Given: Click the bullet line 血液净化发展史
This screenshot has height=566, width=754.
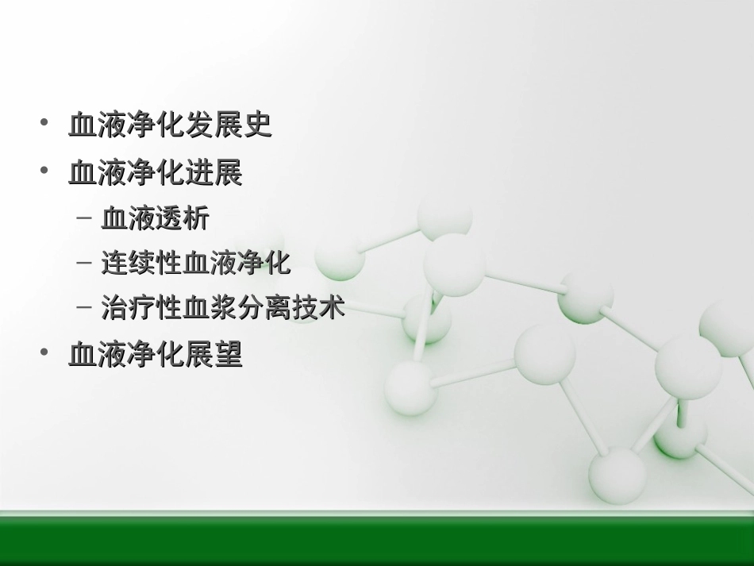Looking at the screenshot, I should (170, 125).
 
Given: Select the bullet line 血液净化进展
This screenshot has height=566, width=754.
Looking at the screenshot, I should (156, 173).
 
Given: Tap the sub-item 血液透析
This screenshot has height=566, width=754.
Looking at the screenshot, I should (155, 219).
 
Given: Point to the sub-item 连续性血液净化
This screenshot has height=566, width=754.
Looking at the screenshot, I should (196, 264).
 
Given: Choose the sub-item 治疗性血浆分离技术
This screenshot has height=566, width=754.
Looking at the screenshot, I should (223, 307).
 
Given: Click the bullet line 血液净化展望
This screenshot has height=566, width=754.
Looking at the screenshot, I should (156, 354).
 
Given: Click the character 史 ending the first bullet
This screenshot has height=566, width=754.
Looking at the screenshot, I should (258, 125).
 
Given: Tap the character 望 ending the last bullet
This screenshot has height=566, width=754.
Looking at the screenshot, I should (229, 354).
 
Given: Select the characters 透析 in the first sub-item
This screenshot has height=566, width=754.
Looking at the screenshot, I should (182, 219).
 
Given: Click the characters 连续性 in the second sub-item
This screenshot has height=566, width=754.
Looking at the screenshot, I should (142, 264).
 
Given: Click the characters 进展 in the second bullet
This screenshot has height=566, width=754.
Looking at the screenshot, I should (214, 173).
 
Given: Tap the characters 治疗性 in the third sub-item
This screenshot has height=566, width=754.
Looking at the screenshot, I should (142, 307).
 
